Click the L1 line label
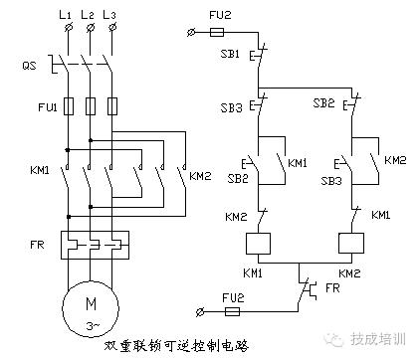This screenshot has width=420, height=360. pos(66,17)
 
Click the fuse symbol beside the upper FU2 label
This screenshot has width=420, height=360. pos(227,33)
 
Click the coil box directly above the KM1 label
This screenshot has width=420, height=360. pos(259,246)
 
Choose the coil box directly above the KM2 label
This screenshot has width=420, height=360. pos(350,246)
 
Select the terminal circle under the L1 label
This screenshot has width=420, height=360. pos(66,34)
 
